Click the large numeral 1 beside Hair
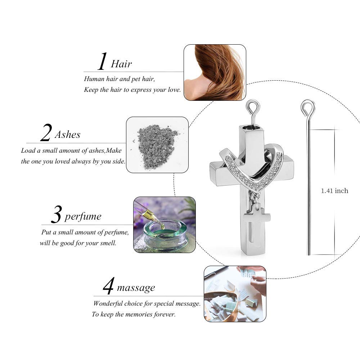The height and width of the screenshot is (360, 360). (x=103, y=61)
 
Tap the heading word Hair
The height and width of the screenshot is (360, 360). (x=121, y=64)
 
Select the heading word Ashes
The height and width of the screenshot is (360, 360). (x=68, y=135)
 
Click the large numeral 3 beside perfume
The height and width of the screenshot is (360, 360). (x=56, y=215)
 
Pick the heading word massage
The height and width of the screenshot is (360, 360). (x=136, y=288)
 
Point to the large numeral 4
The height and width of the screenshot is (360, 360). (x=108, y=286)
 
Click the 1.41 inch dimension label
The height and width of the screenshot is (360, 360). (x=334, y=191)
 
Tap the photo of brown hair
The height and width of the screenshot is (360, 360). (x=215, y=73)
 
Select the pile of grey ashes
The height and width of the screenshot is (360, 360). (x=156, y=145)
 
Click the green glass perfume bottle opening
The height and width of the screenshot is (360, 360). (x=165, y=230)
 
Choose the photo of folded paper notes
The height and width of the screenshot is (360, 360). (x=235, y=294)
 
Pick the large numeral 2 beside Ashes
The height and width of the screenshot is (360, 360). (x=46, y=132)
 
